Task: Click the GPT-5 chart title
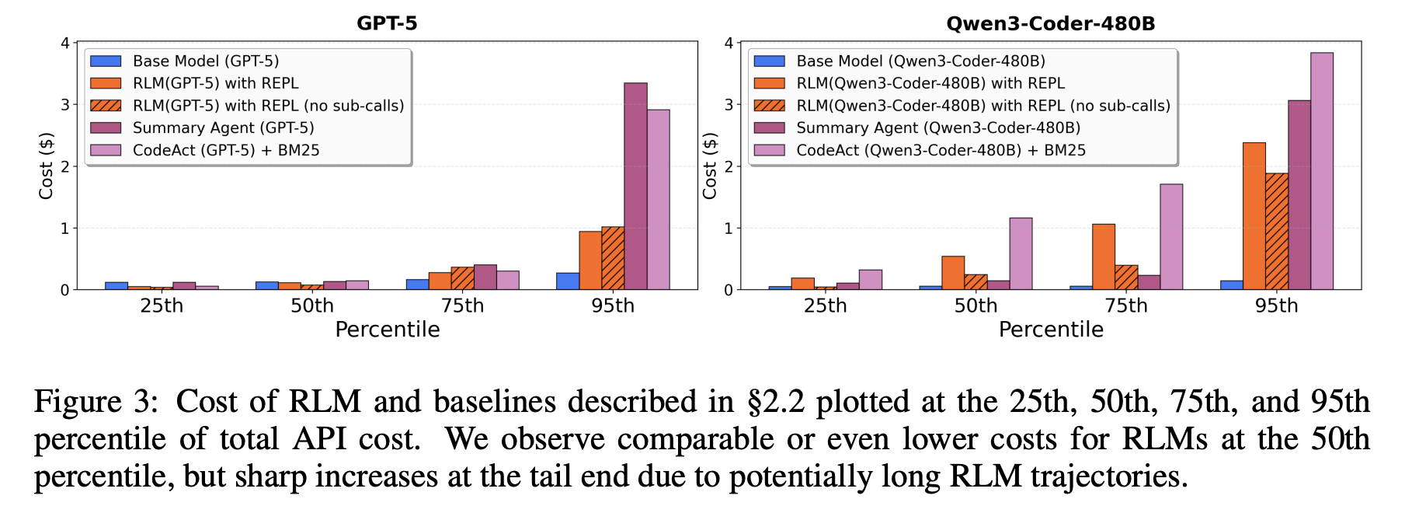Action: [387, 23]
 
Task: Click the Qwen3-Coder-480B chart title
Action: [1050, 23]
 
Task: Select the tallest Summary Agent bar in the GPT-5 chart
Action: [635, 187]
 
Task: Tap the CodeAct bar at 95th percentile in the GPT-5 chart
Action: [659, 200]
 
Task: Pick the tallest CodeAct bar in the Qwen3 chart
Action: [1322, 171]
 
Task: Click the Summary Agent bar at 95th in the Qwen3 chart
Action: [1299, 195]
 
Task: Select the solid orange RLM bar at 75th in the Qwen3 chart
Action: [1104, 256]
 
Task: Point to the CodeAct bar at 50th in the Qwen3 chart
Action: [1021, 253]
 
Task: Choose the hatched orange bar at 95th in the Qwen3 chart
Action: [1277, 232]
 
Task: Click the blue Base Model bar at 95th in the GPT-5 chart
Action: [568, 281]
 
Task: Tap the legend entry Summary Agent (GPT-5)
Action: [223, 127]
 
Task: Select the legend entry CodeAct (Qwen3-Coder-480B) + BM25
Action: [941, 150]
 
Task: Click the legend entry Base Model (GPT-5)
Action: [205, 61]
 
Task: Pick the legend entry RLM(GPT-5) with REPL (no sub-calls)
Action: [268, 106]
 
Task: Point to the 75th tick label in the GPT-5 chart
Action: [463, 306]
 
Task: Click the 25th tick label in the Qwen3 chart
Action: [826, 306]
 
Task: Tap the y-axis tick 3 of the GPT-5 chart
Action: [65, 105]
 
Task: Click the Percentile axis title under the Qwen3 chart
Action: [1051, 330]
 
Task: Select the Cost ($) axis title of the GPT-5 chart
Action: [47, 166]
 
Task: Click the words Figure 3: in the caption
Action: [96, 402]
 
